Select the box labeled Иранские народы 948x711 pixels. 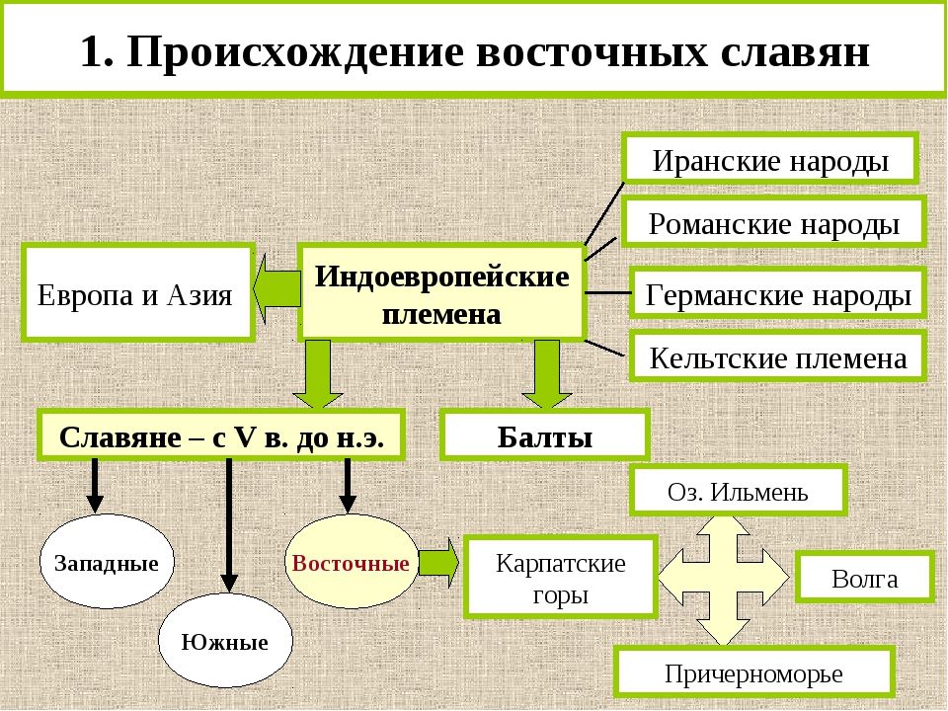[770, 159]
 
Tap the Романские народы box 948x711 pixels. [773, 222]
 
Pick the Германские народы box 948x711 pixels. [777, 293]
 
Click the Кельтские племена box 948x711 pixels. [777, 356]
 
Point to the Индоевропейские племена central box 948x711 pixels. [441, 293]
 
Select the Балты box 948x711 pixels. [544, 435]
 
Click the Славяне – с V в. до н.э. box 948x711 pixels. [221, 435]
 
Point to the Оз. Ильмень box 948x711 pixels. [738, 491]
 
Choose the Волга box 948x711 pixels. [864, 578]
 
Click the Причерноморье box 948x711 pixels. [753, 673]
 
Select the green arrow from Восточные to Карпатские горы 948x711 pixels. [438, 562]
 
